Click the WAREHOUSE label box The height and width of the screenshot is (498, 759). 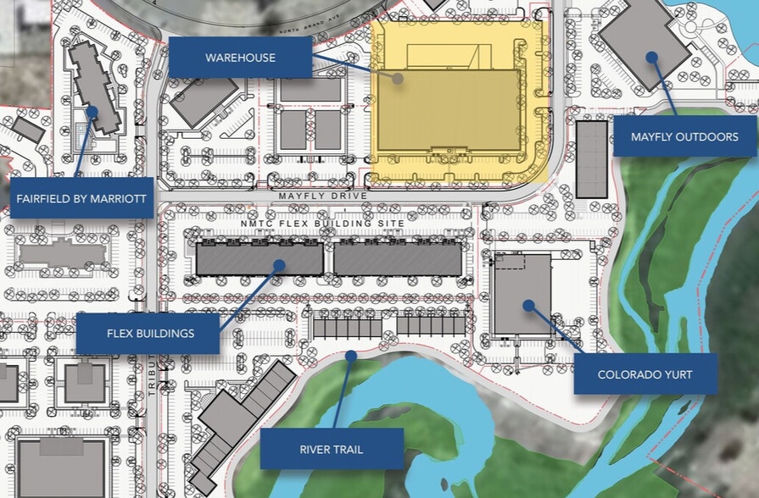click(240, 58)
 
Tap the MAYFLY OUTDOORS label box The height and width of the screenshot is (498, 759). click(684, 136)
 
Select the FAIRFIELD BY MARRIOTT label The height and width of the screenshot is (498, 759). click(81, 199)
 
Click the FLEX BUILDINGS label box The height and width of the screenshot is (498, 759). click(150, 333)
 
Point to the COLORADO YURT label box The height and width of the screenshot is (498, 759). click(645, 374)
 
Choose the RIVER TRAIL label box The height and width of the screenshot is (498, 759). click(332, 449)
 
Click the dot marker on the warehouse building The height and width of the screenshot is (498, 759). click(397, 77)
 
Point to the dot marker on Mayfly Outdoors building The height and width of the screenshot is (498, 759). click(651, 57)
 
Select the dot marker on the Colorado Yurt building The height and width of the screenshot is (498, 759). click(527, 304)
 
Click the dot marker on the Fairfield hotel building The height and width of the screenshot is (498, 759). click(92, 110)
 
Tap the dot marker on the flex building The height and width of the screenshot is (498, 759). click(277, 265)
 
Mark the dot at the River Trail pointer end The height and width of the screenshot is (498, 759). click(351, 357)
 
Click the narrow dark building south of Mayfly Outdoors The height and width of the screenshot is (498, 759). click(591, 158)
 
